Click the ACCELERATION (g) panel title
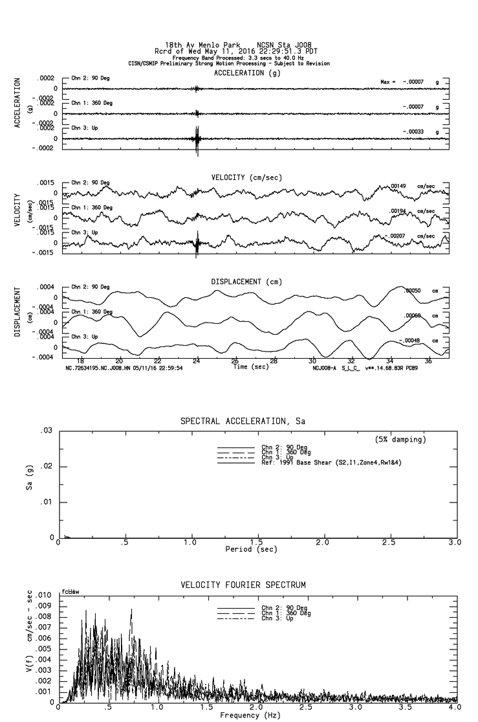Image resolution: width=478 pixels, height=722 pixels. [247, 73]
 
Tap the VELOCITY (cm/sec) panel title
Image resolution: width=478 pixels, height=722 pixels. [246, 177]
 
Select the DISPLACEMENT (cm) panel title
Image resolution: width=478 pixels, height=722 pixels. [246, 282]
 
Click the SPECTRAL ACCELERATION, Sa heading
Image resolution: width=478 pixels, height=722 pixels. [243, 422]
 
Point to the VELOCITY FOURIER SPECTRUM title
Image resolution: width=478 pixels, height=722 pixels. [243, 585]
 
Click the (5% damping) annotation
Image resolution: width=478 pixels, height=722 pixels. [400, 440]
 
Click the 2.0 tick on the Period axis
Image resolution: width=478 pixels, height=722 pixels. [322, 542]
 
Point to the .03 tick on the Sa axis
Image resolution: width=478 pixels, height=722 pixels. [46, 431]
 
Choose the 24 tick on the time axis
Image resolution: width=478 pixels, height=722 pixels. [197, 360]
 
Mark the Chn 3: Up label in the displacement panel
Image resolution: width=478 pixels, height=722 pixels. [85, 337]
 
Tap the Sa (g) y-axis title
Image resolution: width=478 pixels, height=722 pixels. [30, 483]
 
